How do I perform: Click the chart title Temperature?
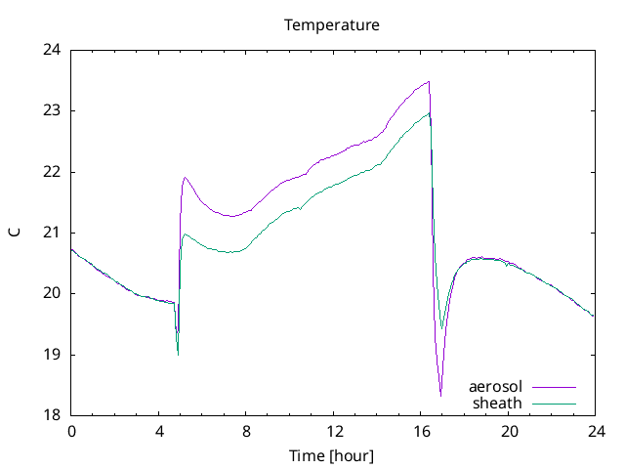pos(332,24)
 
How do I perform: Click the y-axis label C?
pos(14,233)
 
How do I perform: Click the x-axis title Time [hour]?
pos(332,455)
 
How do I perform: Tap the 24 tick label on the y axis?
pos(52,50)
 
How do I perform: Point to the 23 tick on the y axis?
pos(52,110)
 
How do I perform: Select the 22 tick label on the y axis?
pos(52,172)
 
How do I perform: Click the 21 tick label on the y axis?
pos(52,233)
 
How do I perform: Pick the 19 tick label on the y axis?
pos(52,355)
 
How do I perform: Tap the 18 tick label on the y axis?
pos(52,415)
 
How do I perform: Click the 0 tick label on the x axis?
pos(71,431)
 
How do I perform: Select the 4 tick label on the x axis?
pos(159,431)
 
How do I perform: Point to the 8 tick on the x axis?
pos(246,431)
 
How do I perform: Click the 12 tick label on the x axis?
pos(334,431)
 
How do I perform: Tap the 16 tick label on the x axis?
pos(421,431)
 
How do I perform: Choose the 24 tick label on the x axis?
pos(596,431)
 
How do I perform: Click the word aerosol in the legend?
pos(496,387)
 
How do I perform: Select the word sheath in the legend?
pos(498,403)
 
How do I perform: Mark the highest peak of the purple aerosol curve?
pos(429,82)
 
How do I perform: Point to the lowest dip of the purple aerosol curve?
pos(440,395)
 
